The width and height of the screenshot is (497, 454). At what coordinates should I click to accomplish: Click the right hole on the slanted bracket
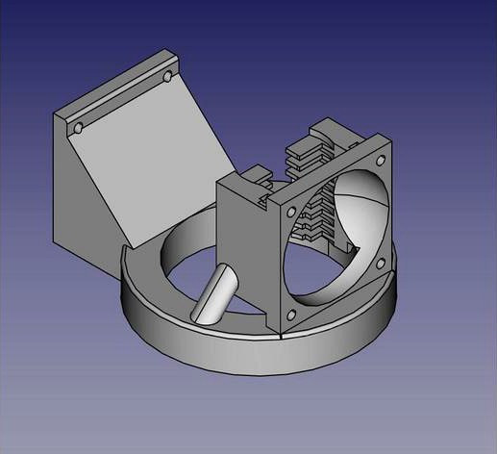(x=170, y=75)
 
